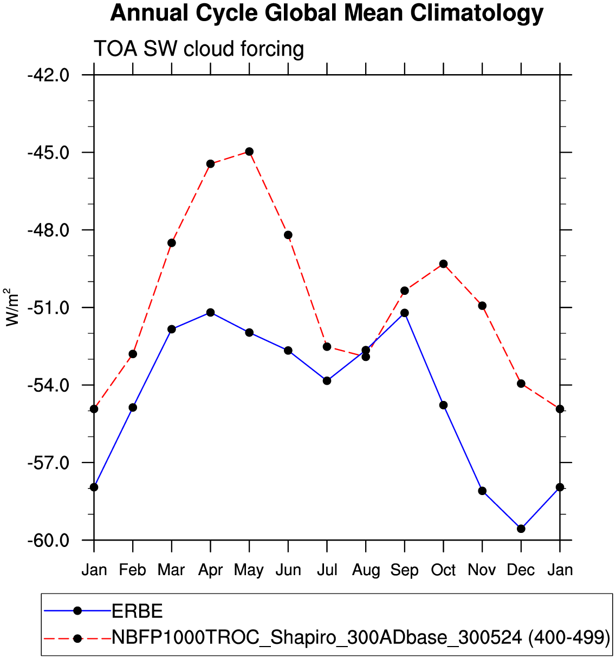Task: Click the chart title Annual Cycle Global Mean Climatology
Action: [x=326, y=13]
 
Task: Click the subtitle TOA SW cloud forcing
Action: [x=199, y=49]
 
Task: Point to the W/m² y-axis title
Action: [x=12, y=307]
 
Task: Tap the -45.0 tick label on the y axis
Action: [x=49, y=152]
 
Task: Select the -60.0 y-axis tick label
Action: [x=49, y=541]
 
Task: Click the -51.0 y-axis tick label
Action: [x=49, y=308]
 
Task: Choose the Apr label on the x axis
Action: [x=210, y=570]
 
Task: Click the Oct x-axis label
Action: [x=443, y=570]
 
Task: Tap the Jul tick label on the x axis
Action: [x=327, y=570]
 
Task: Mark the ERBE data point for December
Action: [x=521, y=529]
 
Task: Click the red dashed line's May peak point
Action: [x=249, y=151]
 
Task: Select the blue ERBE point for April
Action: [x=210, y=313]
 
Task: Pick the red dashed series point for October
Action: [x=444, y=264]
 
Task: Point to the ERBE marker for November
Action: [x=482, y=491]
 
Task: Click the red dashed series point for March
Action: [x=172, y=243]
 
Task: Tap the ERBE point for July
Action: [x=327, y=381]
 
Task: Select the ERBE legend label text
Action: [x=137, y=611]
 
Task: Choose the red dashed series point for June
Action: [x=288, y=235]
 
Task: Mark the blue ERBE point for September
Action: [x=405, y=313]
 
